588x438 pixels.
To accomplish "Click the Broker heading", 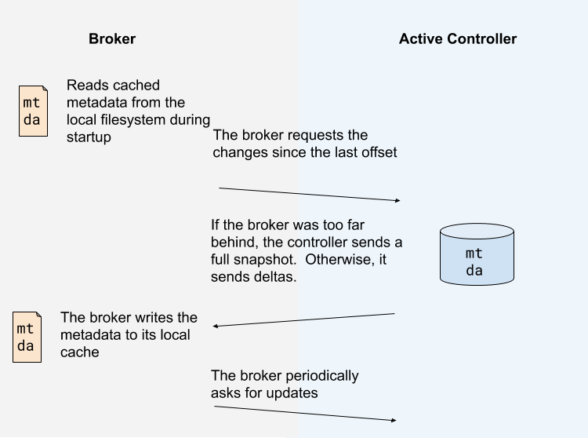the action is pos(112,38).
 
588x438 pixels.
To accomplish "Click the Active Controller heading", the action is pos(458,38).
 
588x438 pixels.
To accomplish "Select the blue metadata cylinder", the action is pos(477,254).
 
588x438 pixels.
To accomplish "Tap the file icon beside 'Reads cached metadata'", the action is pos(34,111).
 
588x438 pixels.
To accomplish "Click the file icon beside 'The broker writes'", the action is pos(27,337).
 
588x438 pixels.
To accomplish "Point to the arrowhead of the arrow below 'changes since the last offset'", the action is pos(398,200).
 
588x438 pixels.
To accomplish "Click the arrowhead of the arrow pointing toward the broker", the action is pos(215,327).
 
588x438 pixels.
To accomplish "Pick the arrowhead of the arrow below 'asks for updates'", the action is pos(394,421).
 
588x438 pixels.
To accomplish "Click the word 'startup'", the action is pos(89,137).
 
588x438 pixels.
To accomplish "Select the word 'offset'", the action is pos(379,152).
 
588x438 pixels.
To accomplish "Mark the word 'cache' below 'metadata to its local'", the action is pos(79,352).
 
